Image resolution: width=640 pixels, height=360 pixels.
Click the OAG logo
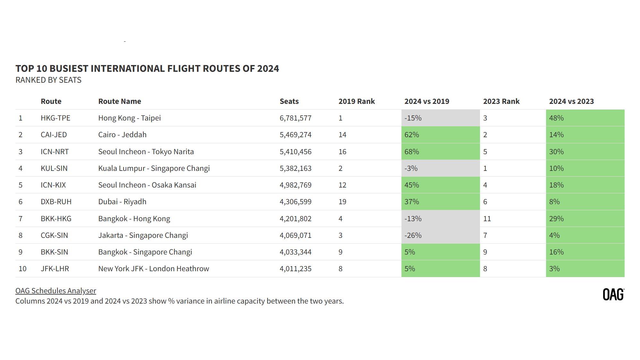pos(613,294)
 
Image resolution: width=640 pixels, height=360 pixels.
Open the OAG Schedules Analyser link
pos(56,291)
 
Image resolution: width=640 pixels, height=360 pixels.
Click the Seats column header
pos(289,101)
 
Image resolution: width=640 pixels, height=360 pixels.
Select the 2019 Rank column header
pos(356,101)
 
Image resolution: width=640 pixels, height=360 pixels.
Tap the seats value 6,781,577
pos(295,118)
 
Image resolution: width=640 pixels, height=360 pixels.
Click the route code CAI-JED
pos(54,135)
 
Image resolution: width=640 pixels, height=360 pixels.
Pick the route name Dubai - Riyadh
pos(122,202)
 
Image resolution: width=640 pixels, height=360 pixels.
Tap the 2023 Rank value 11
pos(487,219)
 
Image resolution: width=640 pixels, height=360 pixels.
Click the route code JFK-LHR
pos(55,269)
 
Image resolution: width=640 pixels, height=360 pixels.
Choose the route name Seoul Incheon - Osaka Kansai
pos(147,185)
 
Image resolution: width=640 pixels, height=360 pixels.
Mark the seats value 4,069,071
pos(295,235)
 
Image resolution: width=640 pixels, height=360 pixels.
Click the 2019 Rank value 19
pos(342,202)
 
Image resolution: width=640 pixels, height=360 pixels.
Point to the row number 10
pos(22,269)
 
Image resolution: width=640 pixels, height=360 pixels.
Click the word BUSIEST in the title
pos(69,68)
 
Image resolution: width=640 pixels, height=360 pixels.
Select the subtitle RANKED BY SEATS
pos(48,80)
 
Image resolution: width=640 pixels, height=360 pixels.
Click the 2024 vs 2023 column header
pos(571,101)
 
